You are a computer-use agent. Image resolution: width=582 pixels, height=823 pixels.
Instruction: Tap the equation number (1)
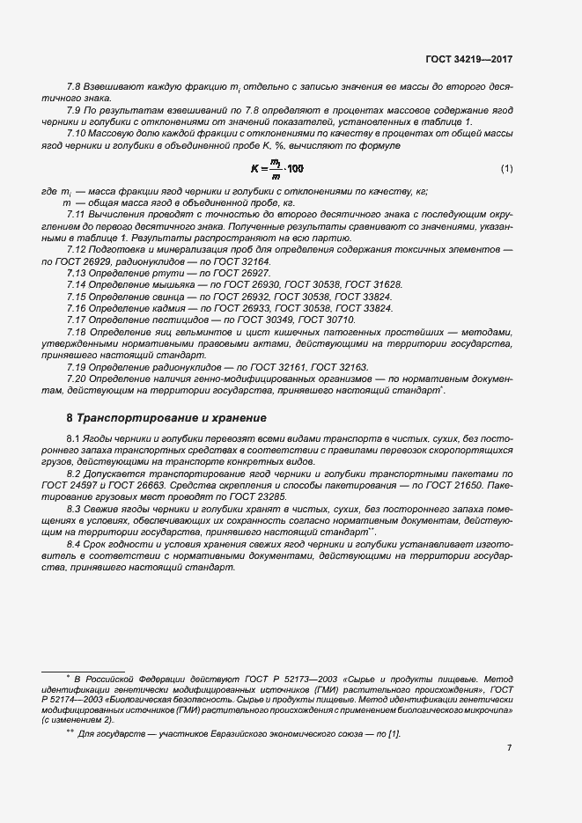[x=506, y=167]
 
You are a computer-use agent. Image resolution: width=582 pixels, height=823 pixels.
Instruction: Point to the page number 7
[x=509, y=748]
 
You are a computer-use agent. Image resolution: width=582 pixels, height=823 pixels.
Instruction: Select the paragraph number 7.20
[x=77, y=377]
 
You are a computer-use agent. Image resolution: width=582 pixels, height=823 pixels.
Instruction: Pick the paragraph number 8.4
[x=74, y=546]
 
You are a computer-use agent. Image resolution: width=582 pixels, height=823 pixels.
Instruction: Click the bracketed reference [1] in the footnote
[x=394, y=733]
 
